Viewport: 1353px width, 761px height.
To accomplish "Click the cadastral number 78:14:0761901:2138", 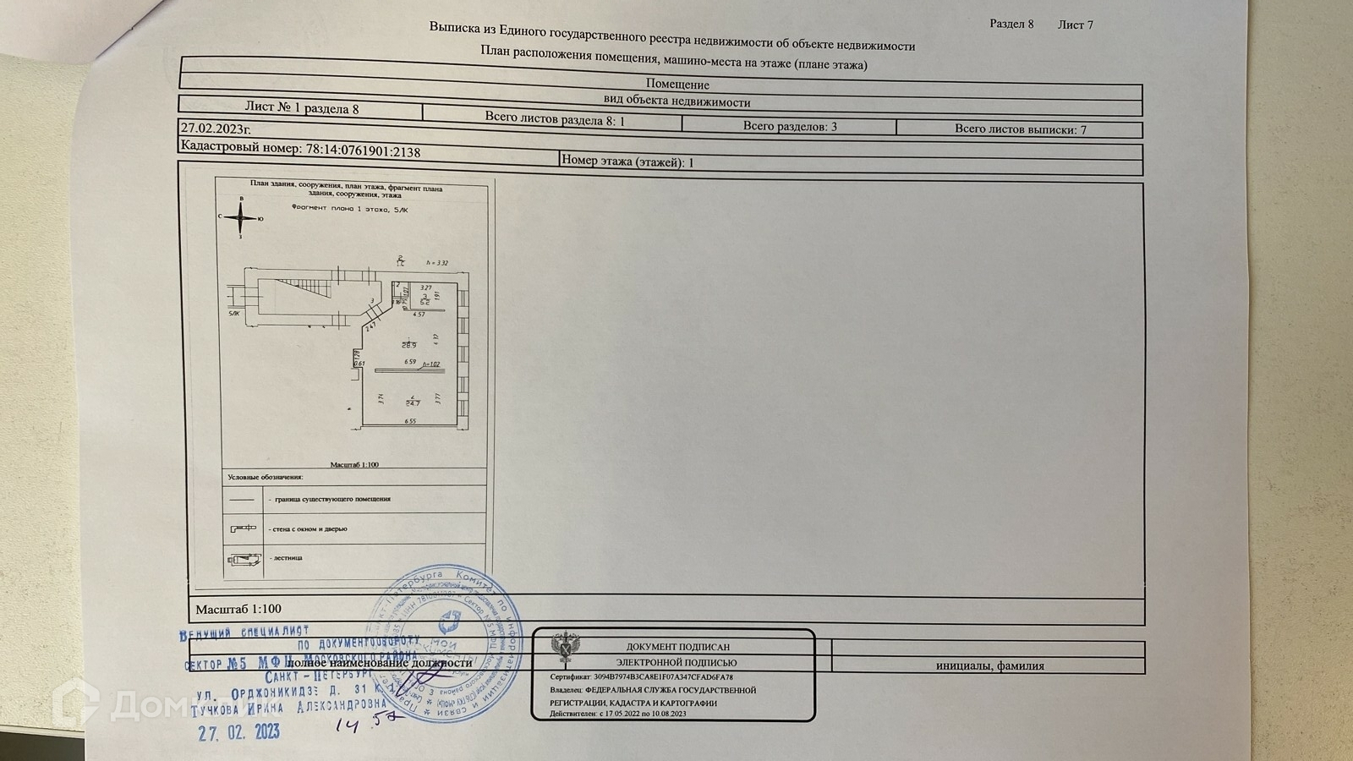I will [x=363, y=151].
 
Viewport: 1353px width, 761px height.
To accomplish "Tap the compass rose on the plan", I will [x=242, y=218].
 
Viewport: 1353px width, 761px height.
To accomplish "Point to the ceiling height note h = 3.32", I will [x=437, y=263].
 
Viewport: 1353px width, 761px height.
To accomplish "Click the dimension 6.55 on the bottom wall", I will [x=411, y=421].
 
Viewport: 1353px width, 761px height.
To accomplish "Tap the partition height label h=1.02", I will [x=430, y=364].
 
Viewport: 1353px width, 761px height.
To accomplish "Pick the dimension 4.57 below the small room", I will [x=418, y=315].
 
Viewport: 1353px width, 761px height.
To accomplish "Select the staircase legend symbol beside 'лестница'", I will [x=242, y=558].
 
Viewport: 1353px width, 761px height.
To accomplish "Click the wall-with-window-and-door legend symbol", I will [x=242, y=528].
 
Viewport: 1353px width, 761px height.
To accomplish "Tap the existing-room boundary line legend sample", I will [x=242, y=499].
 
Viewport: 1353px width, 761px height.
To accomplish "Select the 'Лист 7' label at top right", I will [x=1075, y=25].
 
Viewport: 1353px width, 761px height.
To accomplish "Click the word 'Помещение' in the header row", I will [x=677, y=85].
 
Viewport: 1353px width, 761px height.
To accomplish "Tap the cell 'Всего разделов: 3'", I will [x=789, y=127].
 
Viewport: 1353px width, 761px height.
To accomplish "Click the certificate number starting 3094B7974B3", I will [x=664, y=677].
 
